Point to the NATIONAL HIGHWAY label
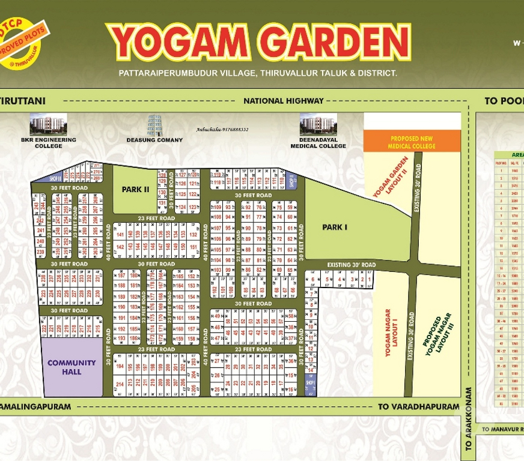[283, 101]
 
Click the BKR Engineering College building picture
[48, 124]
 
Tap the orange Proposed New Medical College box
[412, 142]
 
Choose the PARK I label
[335, 227]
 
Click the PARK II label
[135, 189]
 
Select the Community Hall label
[72, 367]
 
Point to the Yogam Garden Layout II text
[390, 177]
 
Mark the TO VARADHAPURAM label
[418, 406]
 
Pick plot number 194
[120, 366]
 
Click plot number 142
[120, 247]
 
